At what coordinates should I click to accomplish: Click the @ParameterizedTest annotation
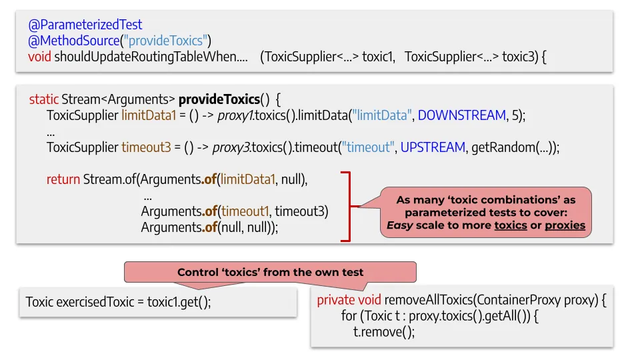click(85, 25)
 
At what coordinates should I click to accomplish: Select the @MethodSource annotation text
click(73, 41)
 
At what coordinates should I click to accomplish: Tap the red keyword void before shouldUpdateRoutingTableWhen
click(39, 56)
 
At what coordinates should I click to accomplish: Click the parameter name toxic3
click(517, 56)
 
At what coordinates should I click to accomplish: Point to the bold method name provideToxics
click(219, 99)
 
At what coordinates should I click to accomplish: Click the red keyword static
click(44, 99)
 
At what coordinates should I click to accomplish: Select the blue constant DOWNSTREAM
click(461, 115)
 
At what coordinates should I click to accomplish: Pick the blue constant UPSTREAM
click(433, 147)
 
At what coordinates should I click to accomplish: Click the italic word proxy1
click(235, 115)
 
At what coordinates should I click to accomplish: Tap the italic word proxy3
click(231, 147)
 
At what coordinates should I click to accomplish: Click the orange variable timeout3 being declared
click(146, 147)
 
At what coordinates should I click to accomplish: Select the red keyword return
click(63, 179)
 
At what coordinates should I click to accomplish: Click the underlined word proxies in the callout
click(565, 225)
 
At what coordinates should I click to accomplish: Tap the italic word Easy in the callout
click(399, 225)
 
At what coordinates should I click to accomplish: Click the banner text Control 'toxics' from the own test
click(270, 272)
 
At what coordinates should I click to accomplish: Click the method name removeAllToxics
click(429, 300)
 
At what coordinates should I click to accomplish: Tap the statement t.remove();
click(384, 332)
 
